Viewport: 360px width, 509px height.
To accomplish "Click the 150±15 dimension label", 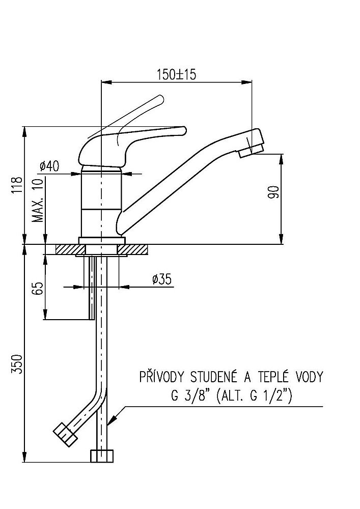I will coord(177,74).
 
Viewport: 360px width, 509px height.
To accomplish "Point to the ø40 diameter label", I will coord(49,166).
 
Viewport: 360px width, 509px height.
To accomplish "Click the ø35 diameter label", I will coord(161,279).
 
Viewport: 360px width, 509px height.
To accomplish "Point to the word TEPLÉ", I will coord(277,377).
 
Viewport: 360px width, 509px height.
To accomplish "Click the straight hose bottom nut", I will coord(102,456).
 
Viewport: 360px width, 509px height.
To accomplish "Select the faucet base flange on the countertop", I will coord(102,239).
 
